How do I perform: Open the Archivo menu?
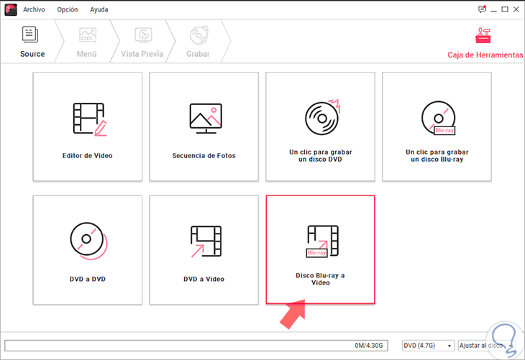(34, 10)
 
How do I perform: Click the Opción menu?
(68, 10)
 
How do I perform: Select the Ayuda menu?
(99, 10)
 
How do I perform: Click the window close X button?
(516, 9)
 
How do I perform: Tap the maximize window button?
(505, 9)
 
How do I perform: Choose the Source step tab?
(32, 42)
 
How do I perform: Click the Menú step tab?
(87, 42)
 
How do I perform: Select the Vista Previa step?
(142, 42)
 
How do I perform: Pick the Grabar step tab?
(198, 42)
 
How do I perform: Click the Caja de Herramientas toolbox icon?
(483, 35)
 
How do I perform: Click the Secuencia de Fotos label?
(204, 156)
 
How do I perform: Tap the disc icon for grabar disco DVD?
(322, 117)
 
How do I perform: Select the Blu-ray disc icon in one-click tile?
(438, 118)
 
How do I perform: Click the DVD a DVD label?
(88, 279)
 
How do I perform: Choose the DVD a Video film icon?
(206, 241)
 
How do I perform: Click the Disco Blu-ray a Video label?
(321, 279)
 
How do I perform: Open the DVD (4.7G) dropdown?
(428, 346)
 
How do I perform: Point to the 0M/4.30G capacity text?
(369, 346)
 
